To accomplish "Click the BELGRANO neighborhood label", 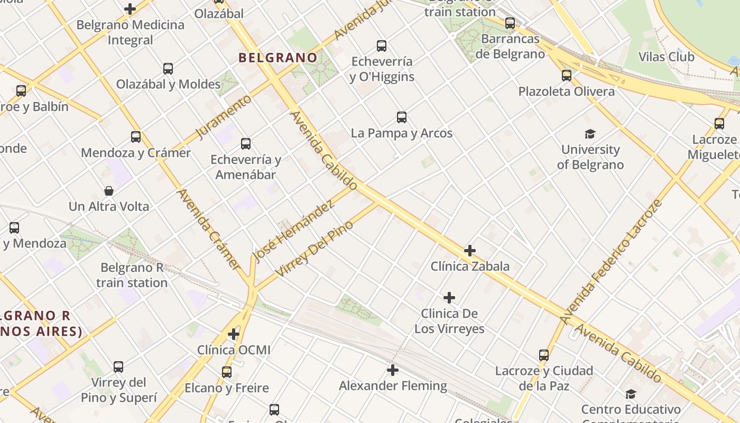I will click(x=278, y=58).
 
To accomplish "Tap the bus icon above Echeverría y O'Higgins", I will click(x=382, y=46).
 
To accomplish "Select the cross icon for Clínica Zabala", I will click(x=469, y=251).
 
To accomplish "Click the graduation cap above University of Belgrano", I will click(x=590, y=134).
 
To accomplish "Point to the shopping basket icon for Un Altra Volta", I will click(x=109, y=191).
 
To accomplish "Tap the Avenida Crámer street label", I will click(x=209, y=228).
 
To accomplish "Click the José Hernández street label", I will click(x=294, y=231).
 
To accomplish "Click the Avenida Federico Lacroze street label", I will click(x=612, y=262).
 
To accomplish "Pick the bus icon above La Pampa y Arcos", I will click(x=402, y=117).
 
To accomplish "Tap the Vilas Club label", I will click(x=666, y=57).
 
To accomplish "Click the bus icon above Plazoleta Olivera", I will click(x=567, y=76).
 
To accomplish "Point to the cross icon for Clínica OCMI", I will click(x=234, y=334).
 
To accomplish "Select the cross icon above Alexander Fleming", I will click(x=392, y=370).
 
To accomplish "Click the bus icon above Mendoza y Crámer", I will click(x=136, y=137).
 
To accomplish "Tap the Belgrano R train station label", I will click(x=132, y=275).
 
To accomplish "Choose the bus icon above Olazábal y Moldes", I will click(x=168, y=69).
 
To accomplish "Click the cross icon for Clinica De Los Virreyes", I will click(x=449, y=298).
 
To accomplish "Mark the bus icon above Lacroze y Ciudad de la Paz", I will click(x=544, y=355).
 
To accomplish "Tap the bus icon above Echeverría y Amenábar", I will click(x=246, y=144).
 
